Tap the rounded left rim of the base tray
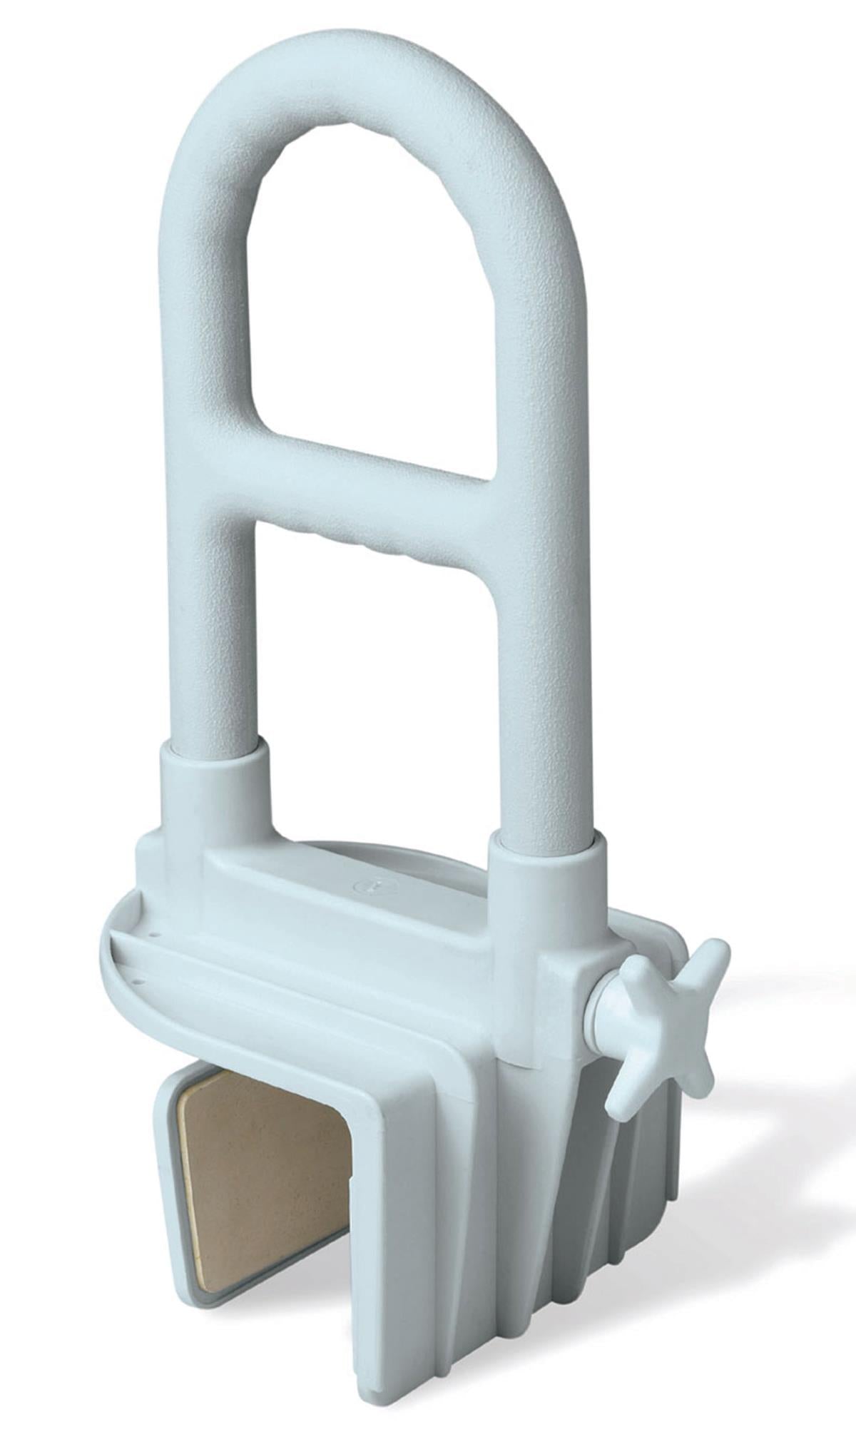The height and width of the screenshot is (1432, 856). [x=114, y=963]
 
